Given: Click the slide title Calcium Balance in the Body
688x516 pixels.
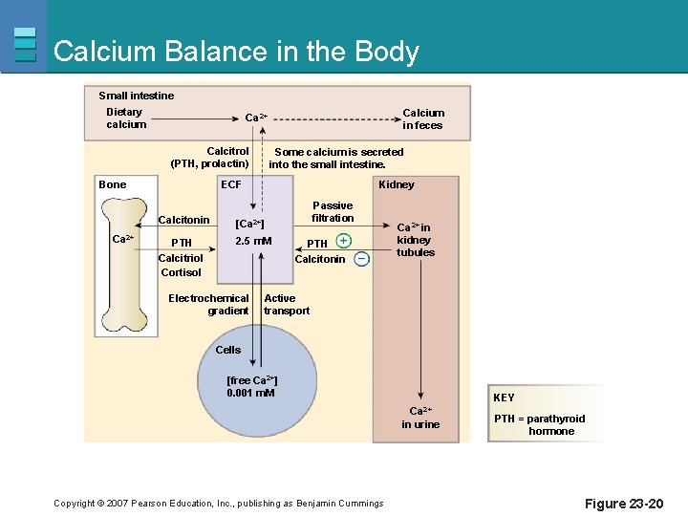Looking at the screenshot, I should tap(236, 52).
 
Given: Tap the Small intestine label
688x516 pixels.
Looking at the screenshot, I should tap(137, 96).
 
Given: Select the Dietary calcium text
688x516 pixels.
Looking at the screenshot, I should tap(126, 118).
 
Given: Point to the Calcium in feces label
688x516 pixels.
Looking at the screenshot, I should tap(422, 118).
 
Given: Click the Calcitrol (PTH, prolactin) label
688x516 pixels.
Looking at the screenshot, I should tap(209, 158).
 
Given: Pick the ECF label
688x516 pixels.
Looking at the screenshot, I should tap(231, 184).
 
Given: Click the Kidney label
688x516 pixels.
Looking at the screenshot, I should tap(397, 184).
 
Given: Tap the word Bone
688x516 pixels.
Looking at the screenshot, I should tap(113, 184).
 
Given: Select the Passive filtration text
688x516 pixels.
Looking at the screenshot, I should tap(333, 211).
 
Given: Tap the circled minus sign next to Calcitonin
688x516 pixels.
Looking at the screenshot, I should tap(362, 259).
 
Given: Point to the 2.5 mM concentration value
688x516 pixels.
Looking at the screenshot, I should tap(253, 241).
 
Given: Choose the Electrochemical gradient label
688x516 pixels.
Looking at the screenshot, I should tap(208, 304).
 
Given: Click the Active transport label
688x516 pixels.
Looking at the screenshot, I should tap(287, 304).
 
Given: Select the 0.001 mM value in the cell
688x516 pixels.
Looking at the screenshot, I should tap(250, 393).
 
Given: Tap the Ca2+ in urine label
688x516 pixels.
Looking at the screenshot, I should tap(420, 418).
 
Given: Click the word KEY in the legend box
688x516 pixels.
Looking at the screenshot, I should tap(504, 398).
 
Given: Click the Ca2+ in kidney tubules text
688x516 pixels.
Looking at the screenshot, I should tap(416, 240).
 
